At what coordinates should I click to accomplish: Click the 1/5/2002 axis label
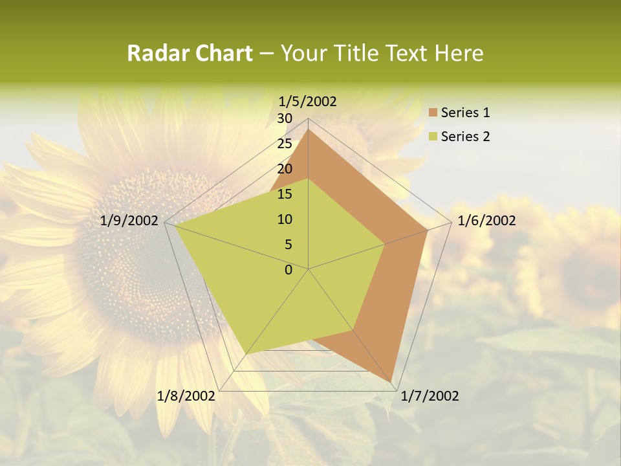coord(308,101)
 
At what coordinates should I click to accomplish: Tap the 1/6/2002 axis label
coord(486,221)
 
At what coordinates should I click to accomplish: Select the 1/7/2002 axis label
coord(430,396)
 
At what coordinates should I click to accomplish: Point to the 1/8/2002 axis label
coord(186,396)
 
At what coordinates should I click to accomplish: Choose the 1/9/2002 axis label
coord(129,221)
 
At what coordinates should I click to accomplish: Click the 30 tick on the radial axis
coord(285,118)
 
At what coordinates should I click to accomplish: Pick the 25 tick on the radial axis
coord(285,144)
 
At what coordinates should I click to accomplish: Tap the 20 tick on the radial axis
coord(285,169)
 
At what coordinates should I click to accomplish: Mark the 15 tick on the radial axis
coord(285,194)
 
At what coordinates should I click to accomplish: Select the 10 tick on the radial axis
coord(285,219)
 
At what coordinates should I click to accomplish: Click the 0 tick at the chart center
coord(289,270)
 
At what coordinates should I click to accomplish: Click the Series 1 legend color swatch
coord(433,113)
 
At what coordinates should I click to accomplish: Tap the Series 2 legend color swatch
coord(433,137)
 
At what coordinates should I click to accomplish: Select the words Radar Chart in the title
coord(190,53)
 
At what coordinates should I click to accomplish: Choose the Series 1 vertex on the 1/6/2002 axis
coord(428,230)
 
